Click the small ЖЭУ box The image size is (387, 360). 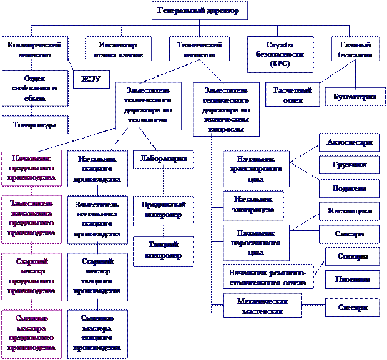[x=91, y=79]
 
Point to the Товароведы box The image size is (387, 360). [x=35, y=125]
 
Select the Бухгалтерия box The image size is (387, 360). [x=355, y=97]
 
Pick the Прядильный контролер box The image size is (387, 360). [x=161, y=210]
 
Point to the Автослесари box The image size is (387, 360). [x=349, y=142]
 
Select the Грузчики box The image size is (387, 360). [x=349, y=165]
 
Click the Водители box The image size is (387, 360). [x=349, y=188]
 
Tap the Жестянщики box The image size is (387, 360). [x=349, y=211]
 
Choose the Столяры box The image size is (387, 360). [x=352, y=256]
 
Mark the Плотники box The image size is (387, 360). [x=352, y=280]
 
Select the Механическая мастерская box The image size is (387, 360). [x=262, y=305]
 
